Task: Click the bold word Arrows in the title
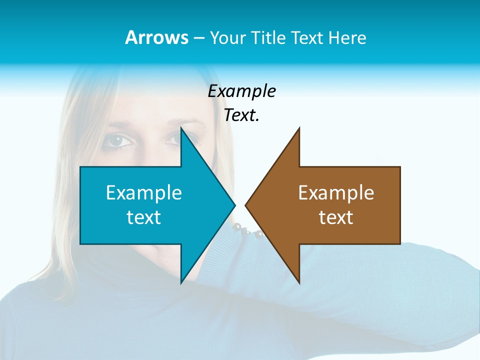pos(156,37)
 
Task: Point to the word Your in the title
pos(226,37)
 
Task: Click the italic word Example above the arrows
pos(241,91)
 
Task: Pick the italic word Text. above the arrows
pos(241,115)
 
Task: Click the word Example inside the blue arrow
pos(144,192)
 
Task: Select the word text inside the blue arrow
pos(144,217)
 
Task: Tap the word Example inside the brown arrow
pos(336,192)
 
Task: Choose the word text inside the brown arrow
pos(336,217)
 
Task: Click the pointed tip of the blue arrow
pos(234,205)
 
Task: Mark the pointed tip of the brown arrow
pos(245,205)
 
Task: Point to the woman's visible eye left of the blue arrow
pos(119,141)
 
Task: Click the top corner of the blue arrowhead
pos(181,128)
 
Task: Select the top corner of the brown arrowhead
pos(299,128)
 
